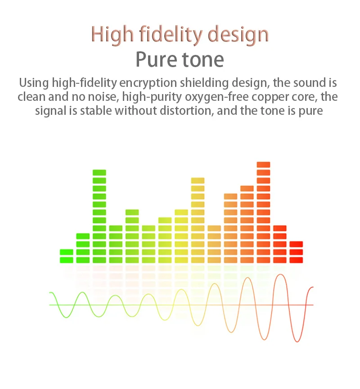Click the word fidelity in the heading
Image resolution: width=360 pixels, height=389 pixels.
point(171,35)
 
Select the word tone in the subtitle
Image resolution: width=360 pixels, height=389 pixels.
point(203,60)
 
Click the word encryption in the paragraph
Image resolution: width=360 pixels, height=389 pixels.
point(148,83)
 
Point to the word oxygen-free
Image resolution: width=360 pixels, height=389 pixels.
point(217,97)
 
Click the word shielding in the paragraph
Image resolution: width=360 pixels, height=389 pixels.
point(204,83)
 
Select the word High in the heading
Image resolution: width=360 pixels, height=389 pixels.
point(112,35)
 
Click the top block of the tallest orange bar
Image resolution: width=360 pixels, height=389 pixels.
point(263,165)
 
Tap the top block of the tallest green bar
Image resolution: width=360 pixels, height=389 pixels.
point(99,173)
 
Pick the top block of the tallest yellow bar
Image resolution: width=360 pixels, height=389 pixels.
point(198,181)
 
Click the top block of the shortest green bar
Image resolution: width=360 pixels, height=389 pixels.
point(67,252)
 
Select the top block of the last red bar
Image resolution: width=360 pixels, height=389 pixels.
point(296,244)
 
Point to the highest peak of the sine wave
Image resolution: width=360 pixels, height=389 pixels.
point(280,274)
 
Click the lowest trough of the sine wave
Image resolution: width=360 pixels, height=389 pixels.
point(297,342)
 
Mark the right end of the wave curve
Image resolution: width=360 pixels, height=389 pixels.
point(313,287)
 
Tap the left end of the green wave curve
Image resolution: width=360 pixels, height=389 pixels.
point(49,293)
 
